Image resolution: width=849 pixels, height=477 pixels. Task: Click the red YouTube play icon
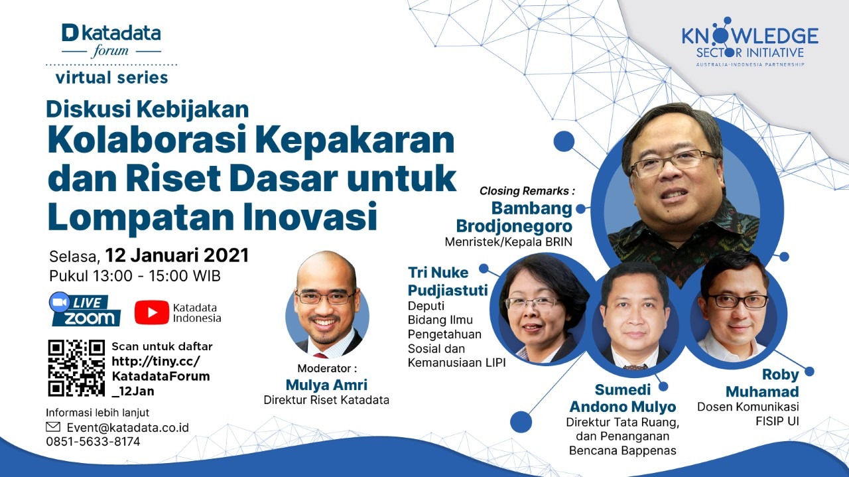(152, 312)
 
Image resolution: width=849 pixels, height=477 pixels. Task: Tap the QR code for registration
(76, 368)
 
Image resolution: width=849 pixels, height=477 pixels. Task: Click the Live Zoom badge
(84, 309)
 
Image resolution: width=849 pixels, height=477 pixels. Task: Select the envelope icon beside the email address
(53, 427)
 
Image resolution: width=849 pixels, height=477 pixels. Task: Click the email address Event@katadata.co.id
(128, 427)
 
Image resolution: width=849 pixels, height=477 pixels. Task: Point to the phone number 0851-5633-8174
(94, 441)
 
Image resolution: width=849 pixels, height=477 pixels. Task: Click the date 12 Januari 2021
(177, 255)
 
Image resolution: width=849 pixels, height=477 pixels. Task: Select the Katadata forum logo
(111, 41)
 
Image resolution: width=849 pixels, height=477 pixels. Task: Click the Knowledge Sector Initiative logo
(750, 42)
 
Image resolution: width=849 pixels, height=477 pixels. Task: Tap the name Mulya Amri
(326, 385)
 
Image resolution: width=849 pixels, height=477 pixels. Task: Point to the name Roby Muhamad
(762, 383)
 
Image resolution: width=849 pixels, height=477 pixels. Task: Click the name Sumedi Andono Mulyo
(623, 398)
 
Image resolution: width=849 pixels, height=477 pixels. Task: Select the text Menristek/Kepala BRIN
(508, 242)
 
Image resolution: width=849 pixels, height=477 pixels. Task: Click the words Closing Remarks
(524, 190)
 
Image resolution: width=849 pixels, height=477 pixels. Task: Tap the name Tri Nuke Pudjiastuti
(448, 281)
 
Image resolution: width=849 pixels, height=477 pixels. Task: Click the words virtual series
(111, 78)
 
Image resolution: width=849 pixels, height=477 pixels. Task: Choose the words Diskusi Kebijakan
(147, 109)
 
